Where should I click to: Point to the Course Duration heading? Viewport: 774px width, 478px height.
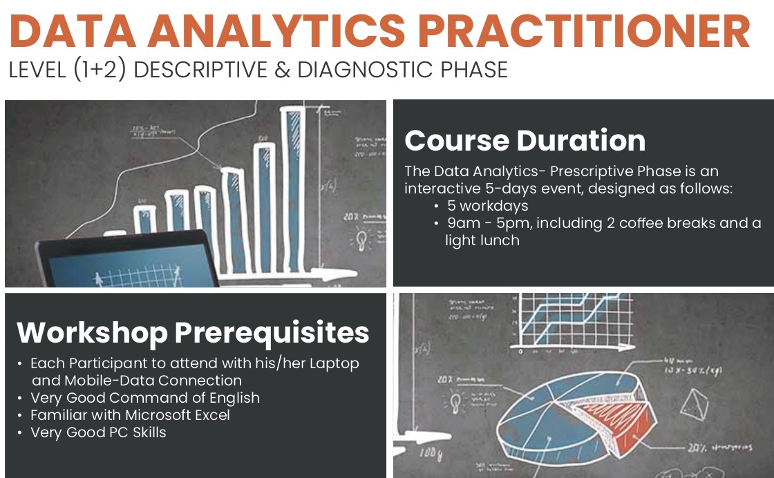[x=525, y=140]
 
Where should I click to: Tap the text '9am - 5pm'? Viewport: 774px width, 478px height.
[x=477, y=223]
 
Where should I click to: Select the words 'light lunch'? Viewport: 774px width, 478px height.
[x=482, y=240]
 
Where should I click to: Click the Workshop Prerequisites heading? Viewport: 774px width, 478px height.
[x=193, y=332]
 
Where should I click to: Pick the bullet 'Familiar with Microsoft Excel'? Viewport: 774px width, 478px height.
[x=130, y=415]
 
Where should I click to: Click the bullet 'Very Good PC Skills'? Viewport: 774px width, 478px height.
[x=98, y=432]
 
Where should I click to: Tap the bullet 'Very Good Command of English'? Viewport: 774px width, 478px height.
[x=145, y=398]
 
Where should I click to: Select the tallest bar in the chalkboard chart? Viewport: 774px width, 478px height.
[x=292, y=187]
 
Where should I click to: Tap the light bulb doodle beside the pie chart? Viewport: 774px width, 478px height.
[x=457, y=401]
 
